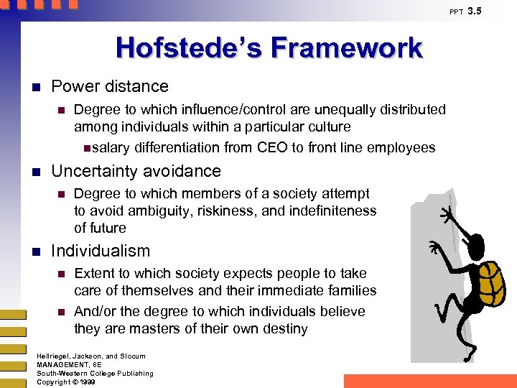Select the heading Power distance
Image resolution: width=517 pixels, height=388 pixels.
[x=110, y=87]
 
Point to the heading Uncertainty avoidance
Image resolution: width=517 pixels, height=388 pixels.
[x=136, y=171]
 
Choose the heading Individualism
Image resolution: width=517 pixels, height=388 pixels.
[x=101, y=251]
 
